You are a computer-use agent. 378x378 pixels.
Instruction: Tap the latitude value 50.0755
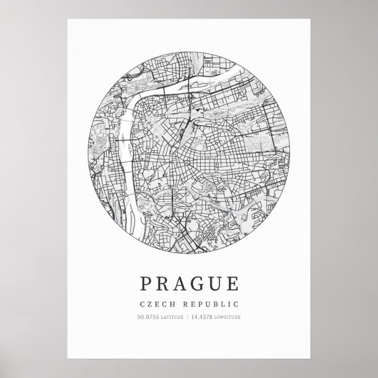(147, 318)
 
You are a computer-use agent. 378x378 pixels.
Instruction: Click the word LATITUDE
(171, 318)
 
